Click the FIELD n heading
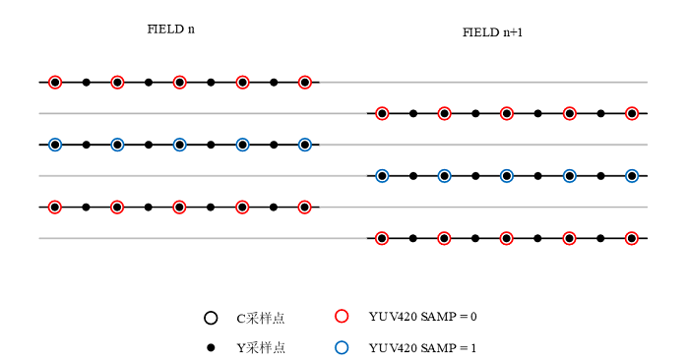170,30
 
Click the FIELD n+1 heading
492,32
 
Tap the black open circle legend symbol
211,318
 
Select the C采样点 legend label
261,318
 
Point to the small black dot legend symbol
211,348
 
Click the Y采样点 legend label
261,348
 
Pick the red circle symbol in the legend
342,316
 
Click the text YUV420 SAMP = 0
422,317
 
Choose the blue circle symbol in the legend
342,347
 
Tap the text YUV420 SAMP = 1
422,348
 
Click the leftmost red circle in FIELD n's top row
55,83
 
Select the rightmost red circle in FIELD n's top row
305,83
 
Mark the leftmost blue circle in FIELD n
55,145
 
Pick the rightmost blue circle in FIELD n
305,145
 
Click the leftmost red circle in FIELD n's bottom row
55,208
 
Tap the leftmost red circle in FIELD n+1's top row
382,114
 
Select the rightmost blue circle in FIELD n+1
632,176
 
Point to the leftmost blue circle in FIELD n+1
382,176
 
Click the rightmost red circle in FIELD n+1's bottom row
632,238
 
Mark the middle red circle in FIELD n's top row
180,83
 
